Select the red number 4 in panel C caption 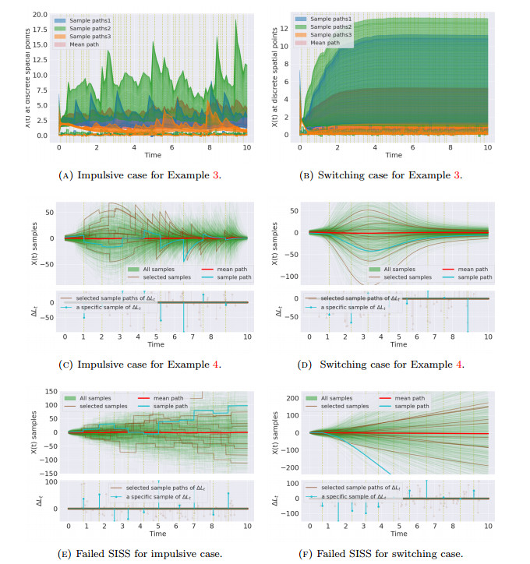(x=220, y=364)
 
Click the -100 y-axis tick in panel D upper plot (x=293, y=276)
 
